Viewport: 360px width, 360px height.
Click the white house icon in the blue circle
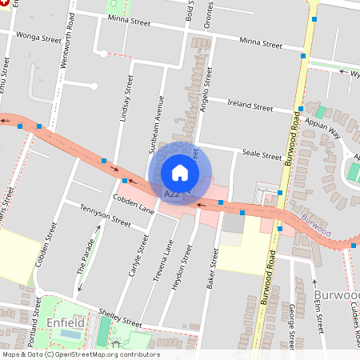coord(180,173)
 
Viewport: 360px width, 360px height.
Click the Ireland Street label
coord(250,104)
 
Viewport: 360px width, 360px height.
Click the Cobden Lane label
coord(133,203)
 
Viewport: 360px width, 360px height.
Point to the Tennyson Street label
coord(105,214)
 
